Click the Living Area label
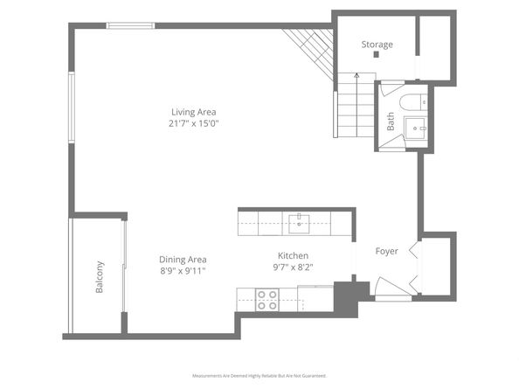tap(193, 111)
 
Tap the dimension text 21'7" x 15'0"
tap(193, 123)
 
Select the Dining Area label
tap(183, 260)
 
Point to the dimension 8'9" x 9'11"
tap(183, 272)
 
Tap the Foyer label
tap(386, 252)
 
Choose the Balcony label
tap(100, 277)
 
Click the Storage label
tap(377, 45)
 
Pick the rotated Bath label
tap(391, 122)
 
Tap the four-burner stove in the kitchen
tap(266, 301)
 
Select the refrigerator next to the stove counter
tap(315, 298)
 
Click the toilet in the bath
tap(411, 101)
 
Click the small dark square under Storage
tap(376, 55)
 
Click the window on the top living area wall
tap(130, 25)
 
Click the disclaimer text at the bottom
tap(259, 375)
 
